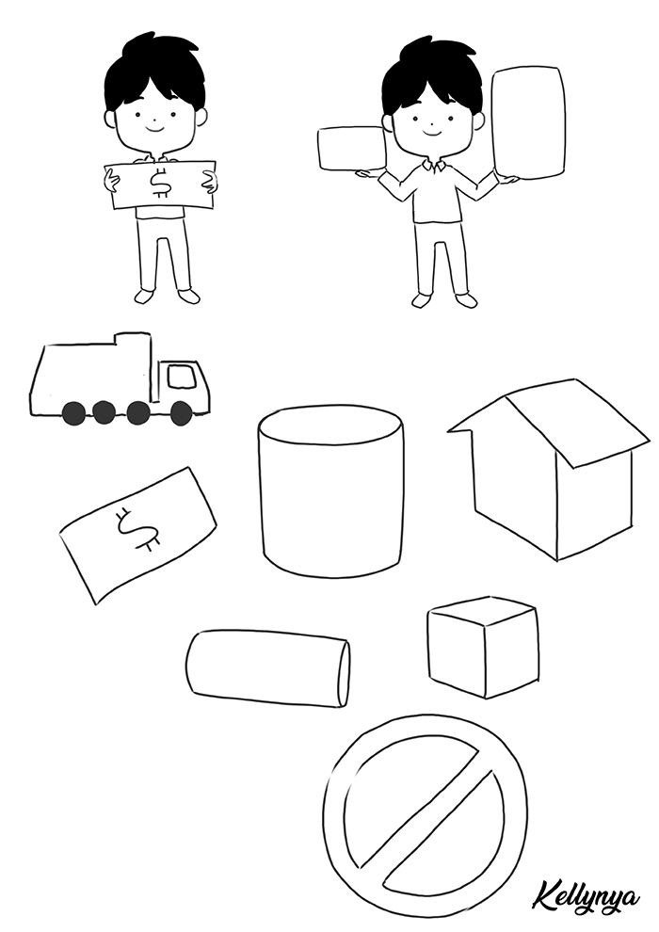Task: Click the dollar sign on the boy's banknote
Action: coord(160,184)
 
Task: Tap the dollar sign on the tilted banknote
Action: coord(137,528)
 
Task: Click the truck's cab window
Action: coord(182,377)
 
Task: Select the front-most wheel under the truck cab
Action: coord(181,413)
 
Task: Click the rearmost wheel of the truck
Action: coord(74,413)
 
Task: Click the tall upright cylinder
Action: coord(330,491)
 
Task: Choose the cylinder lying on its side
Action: coord(267,669)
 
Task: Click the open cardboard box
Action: coord(550,470)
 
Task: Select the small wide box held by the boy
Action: coord(352,148)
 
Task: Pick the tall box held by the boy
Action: coord(528,121)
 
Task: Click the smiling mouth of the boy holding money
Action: coord(153,128)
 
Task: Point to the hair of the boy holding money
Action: coord(154,72)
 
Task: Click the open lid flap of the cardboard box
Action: coord(579,424)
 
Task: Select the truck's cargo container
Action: coord(92,375)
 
